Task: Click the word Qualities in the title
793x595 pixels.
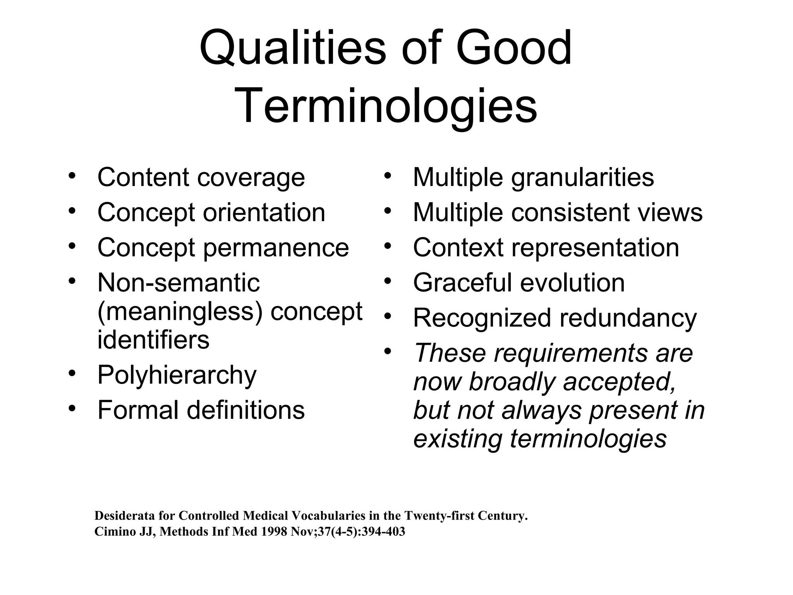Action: click(x=292, y=49)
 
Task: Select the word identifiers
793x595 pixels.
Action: click(x=153, y=340)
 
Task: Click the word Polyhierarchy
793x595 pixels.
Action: click(x=177, y=375)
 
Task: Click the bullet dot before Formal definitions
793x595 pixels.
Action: click(x=72, y=408)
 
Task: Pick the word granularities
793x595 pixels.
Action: click(x=582, y=178)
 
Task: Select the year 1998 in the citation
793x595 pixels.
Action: click(x=274, y=531)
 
